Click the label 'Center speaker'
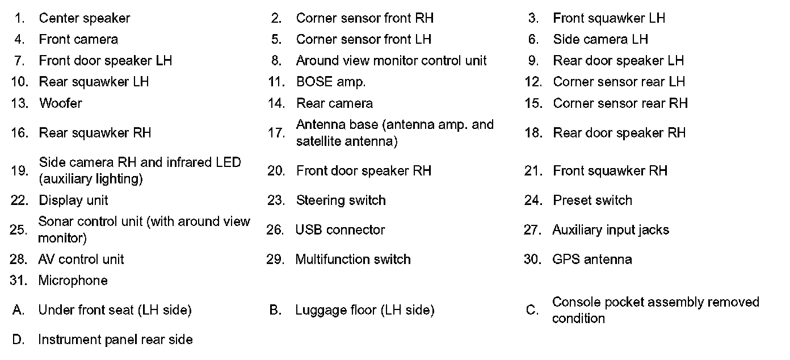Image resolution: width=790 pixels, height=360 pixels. (x=84, y=18)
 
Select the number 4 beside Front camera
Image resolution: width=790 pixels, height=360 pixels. (x=19, y=40)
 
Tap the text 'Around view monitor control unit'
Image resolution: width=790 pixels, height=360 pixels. (x=391, y=61)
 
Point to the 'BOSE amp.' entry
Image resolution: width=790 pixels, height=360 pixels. (x=330, y=82)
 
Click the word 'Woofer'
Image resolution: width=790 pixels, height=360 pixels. (x=60, y=103)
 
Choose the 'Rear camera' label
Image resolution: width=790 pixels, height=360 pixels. (x=334, y=103)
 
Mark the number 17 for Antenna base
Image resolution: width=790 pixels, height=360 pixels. (x=276, y=133)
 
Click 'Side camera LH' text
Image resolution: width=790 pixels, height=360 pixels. (x=600, y=40)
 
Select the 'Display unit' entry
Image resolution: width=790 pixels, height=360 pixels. (x=73, y=200)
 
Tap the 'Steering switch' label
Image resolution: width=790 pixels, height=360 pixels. (x=341, y=200)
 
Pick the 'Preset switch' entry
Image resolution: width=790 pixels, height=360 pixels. (x=592, y=200)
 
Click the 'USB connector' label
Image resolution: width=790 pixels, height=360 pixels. (x=340, y=230)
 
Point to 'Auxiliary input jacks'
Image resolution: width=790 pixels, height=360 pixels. (x=611, y=230)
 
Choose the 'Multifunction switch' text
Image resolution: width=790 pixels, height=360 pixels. (x=352, y=259)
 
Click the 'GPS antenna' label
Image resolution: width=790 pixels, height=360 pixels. (x=592, y=259)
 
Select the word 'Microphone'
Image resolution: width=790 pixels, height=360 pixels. (x=73, y=281)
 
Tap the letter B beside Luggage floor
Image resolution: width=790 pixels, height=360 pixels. (x=275, y=311)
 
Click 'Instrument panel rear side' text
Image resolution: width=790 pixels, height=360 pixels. (x=115, y=340)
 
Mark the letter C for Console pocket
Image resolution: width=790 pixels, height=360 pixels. (x=532, y=311)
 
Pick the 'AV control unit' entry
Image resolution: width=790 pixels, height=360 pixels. (x=81, y=259)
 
